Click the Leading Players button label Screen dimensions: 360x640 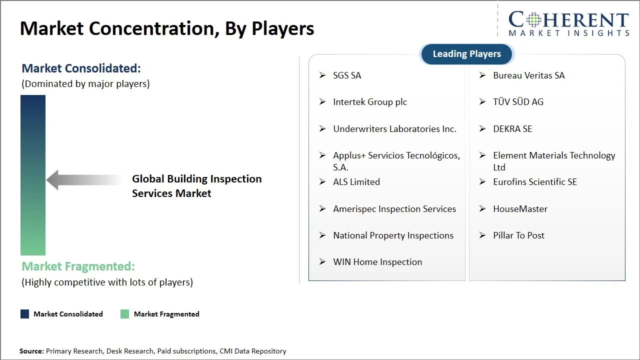[466, 54]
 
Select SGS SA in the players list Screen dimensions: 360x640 [347, 75]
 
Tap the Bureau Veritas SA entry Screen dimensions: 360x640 [528, 75]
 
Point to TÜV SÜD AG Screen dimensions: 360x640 [518, 102]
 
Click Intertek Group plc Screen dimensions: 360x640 [370, 102]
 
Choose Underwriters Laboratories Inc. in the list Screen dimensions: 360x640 [394, 129]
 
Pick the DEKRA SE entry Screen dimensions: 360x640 [512, 129]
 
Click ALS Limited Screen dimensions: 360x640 [356, 182]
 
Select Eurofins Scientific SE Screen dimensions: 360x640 [535, 182]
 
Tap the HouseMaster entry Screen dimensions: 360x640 [520, 209]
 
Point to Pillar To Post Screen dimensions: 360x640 [518, 235]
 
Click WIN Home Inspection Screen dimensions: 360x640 [377, 262]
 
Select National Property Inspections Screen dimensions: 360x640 [393, 235]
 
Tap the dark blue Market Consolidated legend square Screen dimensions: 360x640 [24, 314]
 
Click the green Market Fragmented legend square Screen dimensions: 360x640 [125, 314]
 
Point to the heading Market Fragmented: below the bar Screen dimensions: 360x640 [78, 266]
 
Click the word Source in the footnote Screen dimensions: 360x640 [31, 351]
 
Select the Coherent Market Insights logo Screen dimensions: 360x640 [568, 24]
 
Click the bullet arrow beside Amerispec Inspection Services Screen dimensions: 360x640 [322, 208]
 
